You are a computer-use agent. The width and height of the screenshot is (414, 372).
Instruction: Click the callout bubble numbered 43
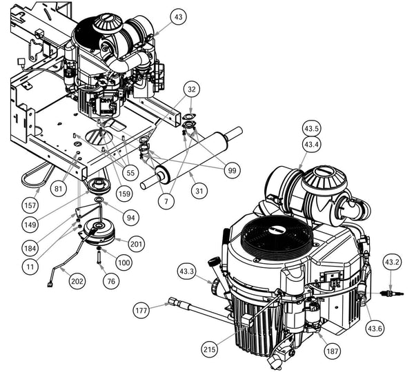click(x=179, y=17)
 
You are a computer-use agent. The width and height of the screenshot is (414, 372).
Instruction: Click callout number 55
click(x=129, y=169)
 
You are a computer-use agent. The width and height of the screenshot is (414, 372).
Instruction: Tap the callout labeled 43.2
click(x=392, y=262)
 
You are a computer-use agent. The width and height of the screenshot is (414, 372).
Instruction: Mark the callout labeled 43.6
click(x=375, y=329)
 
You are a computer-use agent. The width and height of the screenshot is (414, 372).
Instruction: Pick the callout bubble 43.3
click(x=187, y=271)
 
